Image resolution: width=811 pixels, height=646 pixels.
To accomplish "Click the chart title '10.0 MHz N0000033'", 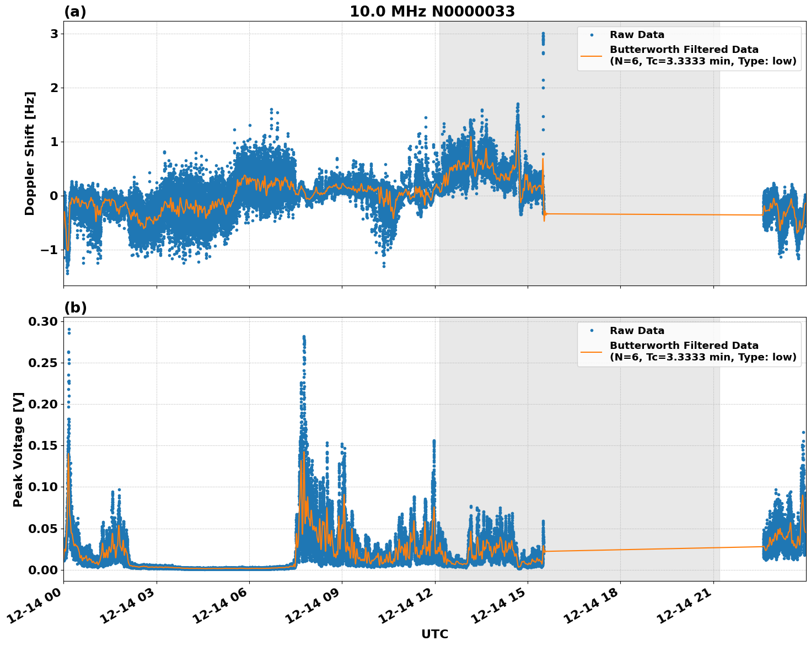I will [x=432, y=12].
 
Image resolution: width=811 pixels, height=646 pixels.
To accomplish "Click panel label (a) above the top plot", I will [x=75, y=12].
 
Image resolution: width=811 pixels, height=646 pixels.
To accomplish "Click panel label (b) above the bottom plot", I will [x=75, y=308].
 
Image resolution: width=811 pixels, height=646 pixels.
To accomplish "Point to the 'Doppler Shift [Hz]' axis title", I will [x=30, y=153].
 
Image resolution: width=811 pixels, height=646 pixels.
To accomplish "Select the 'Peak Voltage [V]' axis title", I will [x=18, y=449].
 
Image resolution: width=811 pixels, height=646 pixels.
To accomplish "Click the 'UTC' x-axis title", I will [x=434, y=634].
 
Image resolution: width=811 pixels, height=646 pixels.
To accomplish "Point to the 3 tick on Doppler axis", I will [x=54, y=34].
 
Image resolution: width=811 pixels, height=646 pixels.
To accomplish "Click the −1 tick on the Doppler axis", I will [x=50, y=250].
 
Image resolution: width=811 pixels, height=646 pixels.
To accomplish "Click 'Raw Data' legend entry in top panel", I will [x=637, y=35].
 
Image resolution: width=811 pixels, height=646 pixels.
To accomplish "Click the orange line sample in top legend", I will [x=592, y=56].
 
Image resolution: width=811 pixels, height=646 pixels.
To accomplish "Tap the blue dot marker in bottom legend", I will [x=592, y=331].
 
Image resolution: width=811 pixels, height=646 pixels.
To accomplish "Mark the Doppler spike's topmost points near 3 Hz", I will [x=543, y=34].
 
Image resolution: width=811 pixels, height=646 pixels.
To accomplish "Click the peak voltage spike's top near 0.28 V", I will [x=304, y=337].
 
